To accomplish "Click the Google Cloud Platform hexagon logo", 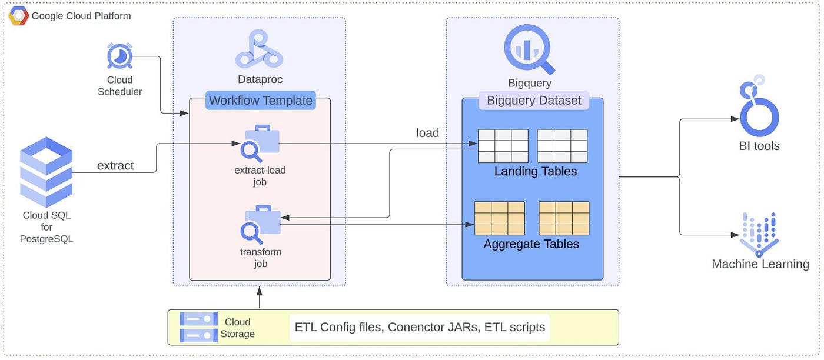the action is pyautogui.click(x=18, y=16).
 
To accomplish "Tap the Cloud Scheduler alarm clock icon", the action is pyautogui.click(x=119, y=56).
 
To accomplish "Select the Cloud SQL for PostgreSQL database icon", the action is pyautogui.click(x=46, y=172).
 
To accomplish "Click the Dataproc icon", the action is pyautogui.click(x=259, y=49).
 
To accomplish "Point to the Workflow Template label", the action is pyautogui.click(x=260, y=101).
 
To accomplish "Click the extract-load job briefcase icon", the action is pyautogui.click(x=260, y=144).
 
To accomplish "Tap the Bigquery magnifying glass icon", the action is pyautogui.click(x=529, y=49).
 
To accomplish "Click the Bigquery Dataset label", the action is pyautogui.click(x=534, y=101).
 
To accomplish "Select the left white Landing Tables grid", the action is pyautogui.click(x=503, y=146).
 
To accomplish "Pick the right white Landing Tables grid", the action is pyautogui.click(x=562, y=146).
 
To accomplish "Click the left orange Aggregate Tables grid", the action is pyautogui.click(x=500, y=218).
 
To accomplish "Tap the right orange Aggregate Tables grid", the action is pyautogui.click(x=564, y=218).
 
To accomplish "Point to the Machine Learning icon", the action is pyautogui.click(x=759, y=235).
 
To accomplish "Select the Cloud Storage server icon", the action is pyautogui.click(x=199, y=327).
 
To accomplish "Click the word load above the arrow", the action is pyautogui.click(x=427, y=133).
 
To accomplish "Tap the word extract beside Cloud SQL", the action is pyautogui.click(x=115, y=165).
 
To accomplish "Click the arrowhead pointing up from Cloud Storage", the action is pyautogui.click(x=260, y=291).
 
